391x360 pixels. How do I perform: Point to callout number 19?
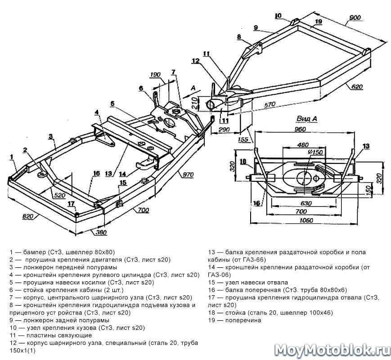coord(318,21)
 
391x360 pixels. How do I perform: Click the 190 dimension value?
coord(156,75)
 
